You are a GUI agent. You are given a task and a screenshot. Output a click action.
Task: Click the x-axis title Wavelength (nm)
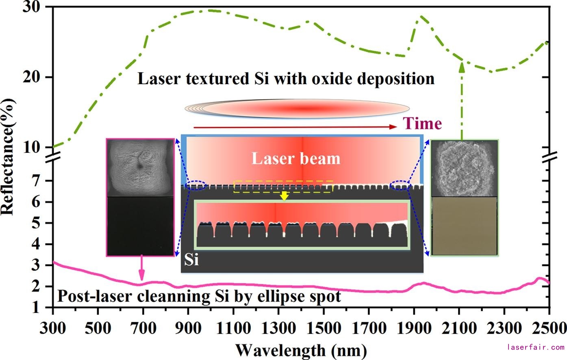tap(301, 349)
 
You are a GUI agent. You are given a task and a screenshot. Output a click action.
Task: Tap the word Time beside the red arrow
tap(423, 124)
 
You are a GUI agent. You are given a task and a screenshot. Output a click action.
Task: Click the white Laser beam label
tap(296, 158)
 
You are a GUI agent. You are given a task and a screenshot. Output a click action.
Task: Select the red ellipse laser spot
tap(297, 108)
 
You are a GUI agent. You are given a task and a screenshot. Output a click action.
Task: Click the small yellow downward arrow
tap(284, 195)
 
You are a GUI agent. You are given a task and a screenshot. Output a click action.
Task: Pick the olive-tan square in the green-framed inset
tap(464, 226)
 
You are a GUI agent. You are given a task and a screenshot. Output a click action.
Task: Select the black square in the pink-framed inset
tap(140, 226)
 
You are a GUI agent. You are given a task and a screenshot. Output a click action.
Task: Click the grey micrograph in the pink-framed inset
tap(140, 168)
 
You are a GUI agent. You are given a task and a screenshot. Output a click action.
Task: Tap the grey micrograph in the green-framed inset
tap(464, 168)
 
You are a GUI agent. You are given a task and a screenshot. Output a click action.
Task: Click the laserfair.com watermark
tap(536, 347)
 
